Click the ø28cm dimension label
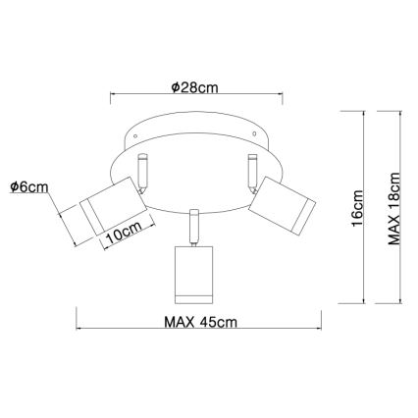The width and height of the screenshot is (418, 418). [194, 87]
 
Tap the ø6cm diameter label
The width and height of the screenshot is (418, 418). [29, 186]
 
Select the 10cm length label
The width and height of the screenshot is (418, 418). [125, 232]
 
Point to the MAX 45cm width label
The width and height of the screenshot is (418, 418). [200, 322]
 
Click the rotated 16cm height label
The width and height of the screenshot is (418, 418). [356, 208]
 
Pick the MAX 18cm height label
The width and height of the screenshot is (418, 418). [393, 209]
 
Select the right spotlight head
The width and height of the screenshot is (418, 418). [282, 205]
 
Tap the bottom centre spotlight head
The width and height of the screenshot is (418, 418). [194, 275]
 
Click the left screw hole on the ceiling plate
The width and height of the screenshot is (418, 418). [135, 136]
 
